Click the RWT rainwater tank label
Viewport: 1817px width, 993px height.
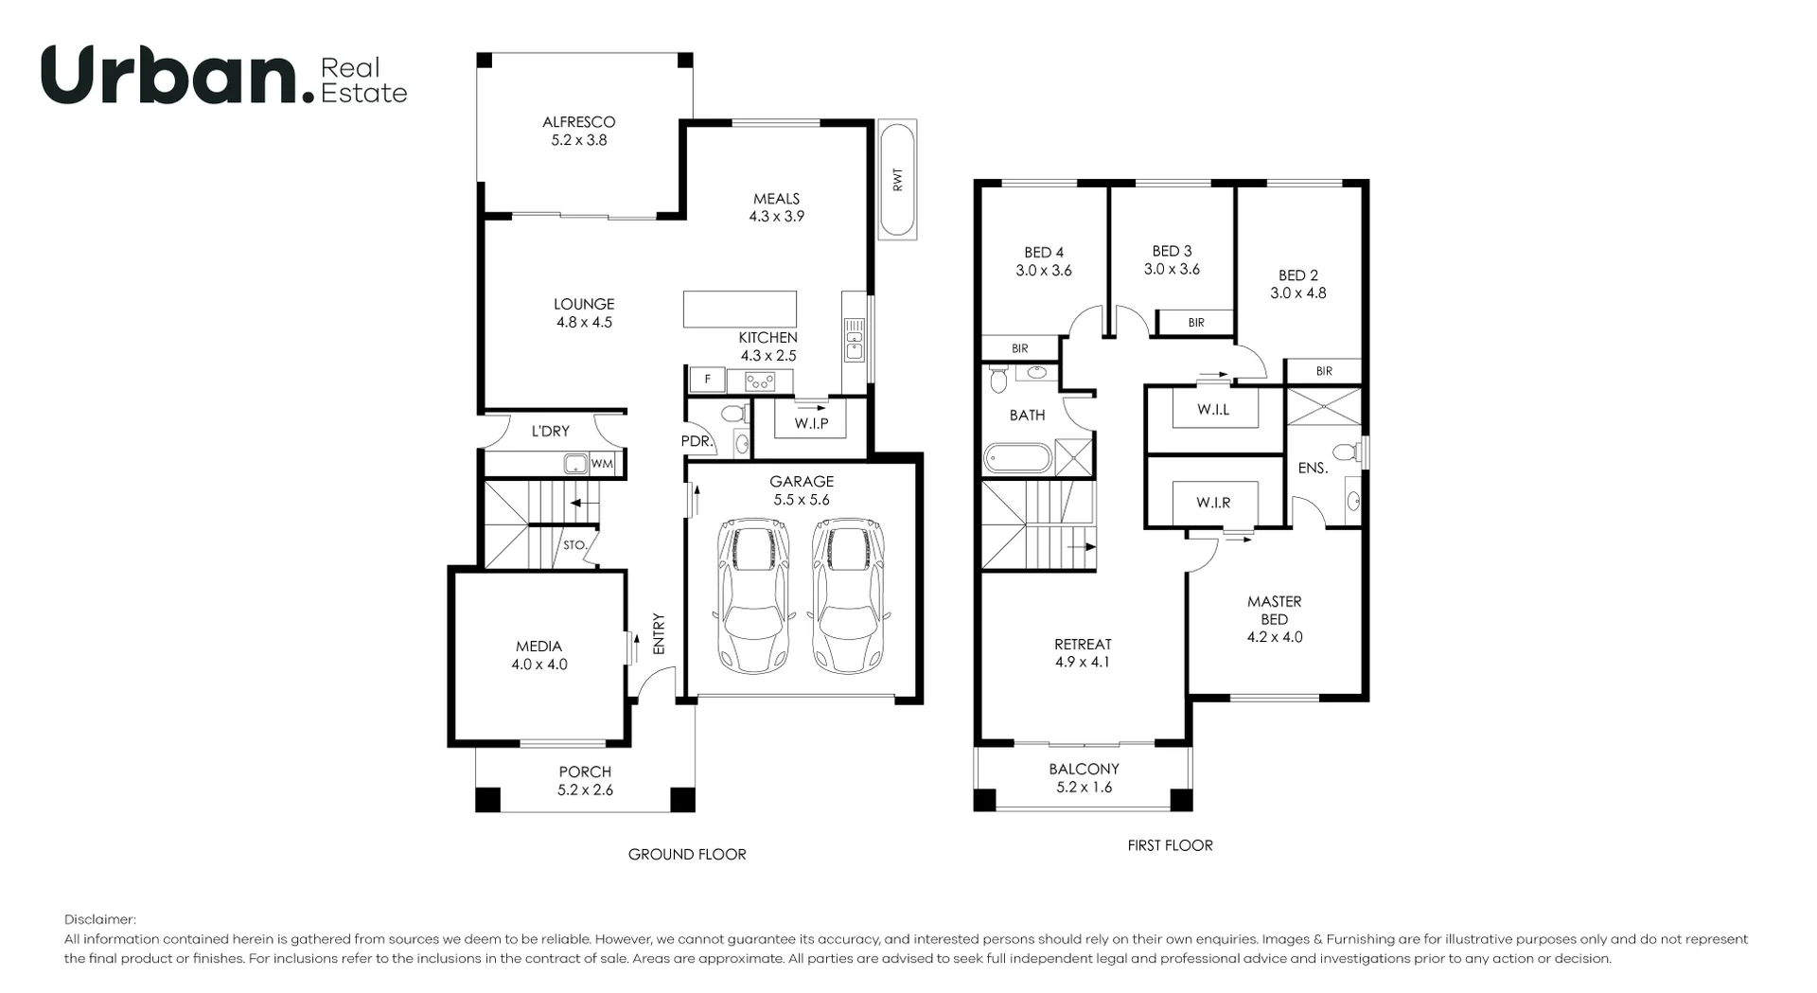coord(897,180)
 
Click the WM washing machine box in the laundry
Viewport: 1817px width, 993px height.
coord(602,464)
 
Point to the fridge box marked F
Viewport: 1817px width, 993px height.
coord(706,380)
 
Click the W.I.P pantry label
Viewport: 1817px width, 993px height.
coord(811,423)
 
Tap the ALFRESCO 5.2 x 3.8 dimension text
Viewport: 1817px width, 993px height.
coord(578,140)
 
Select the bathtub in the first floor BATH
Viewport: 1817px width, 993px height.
coord(1017,458)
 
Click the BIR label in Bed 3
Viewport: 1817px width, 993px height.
coord(1196,323)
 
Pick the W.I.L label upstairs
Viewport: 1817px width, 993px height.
coord(1213,410)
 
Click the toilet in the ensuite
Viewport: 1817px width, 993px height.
coord(1345,452)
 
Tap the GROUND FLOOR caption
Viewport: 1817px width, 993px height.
coord(687,854)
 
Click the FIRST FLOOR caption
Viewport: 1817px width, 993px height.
coord(1170,845)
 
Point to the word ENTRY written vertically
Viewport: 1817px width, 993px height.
coord(659,633)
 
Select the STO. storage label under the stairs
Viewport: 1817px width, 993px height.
coord(574,546)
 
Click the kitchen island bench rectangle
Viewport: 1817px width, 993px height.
coord(740,310)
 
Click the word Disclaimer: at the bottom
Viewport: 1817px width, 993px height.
coord(100,919)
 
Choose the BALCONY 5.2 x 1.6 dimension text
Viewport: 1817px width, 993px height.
coord(1084,788)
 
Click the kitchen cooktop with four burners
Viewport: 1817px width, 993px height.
coord(760,381)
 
